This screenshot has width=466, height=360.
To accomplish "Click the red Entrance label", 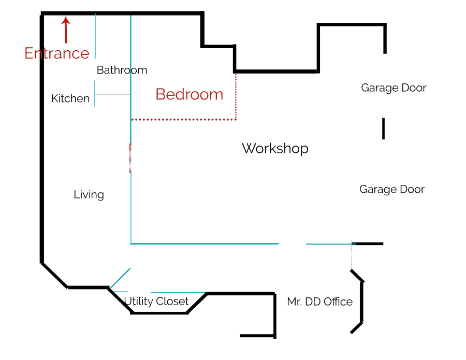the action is click(x=57, y=53).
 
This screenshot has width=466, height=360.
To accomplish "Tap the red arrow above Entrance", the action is click(x=66, y=30).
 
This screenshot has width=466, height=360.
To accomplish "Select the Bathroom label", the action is click(x=122, y=70).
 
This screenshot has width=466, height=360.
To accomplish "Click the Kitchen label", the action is click(x=70, y=98).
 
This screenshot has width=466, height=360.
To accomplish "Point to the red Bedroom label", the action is click(x=190, y=94).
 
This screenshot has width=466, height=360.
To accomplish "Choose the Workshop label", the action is click(x=275, y=148).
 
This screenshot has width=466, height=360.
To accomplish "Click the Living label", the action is click(x=89, y=195).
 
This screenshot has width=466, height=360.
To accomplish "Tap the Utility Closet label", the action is click(x=156, y=301).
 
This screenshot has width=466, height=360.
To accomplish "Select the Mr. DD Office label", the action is click(x=320, y=301).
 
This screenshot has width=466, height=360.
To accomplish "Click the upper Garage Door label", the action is click(x=394, y=88).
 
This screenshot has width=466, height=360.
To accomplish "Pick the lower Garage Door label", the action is click(x=392, y=190).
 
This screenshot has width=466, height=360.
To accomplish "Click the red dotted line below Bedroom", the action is click(x=184, y=120).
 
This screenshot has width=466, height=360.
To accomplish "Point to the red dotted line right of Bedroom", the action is click(x=236, y=97).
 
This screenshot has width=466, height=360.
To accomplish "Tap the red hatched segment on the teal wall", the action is click(x=130, y=158).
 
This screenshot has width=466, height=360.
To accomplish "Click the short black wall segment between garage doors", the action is click(x=383, y=128).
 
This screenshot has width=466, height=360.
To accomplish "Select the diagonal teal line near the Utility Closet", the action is click(x=120, y=278).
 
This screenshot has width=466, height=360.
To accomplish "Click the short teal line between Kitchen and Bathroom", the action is click(x=113, y=94).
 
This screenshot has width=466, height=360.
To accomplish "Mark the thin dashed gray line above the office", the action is click(x=352, y=255).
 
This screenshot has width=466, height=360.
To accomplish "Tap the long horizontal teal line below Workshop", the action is click(x=205, y=244).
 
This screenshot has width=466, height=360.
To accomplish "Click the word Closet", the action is click(x=172, y=301).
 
